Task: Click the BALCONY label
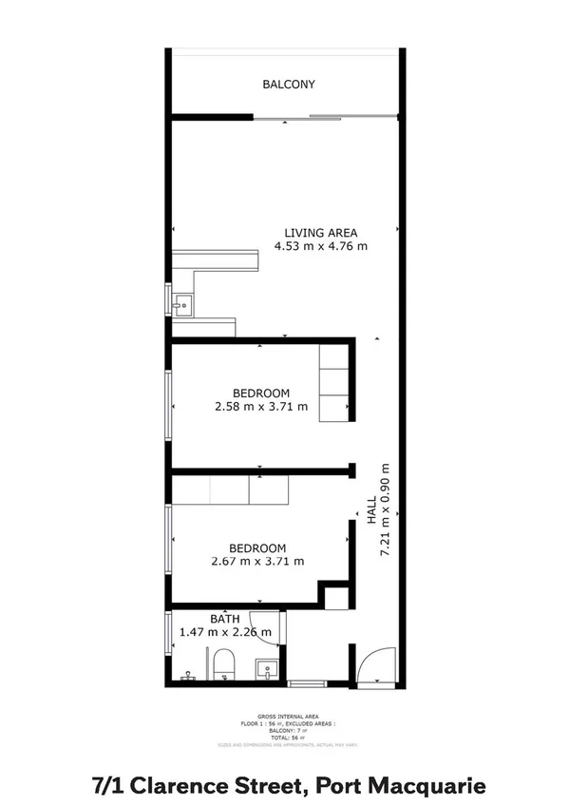pyautogui.click(x=289, y=85)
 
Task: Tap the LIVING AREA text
pyautogui.click(x=321, y=232)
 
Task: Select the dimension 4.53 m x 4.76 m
pyautogui.click(x=321, y=246)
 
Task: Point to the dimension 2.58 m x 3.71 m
pyautogui.click(x=261, y=407)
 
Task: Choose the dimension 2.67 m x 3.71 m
pyautogui.click(x=257, y=561)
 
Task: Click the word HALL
pyautogui.click(x=372, y=514)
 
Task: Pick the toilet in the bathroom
pyautogui.click(x=225, y=664)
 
